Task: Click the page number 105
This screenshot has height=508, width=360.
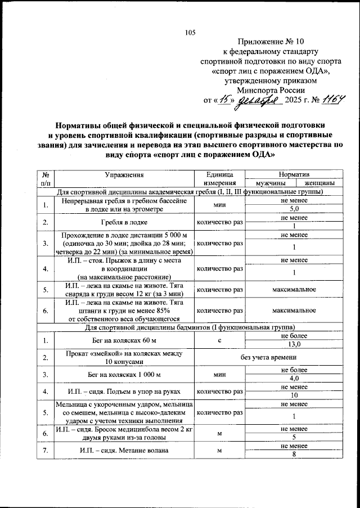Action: click(x=190, y=32)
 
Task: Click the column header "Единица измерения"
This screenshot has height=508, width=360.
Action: click(x=220, y=179)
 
